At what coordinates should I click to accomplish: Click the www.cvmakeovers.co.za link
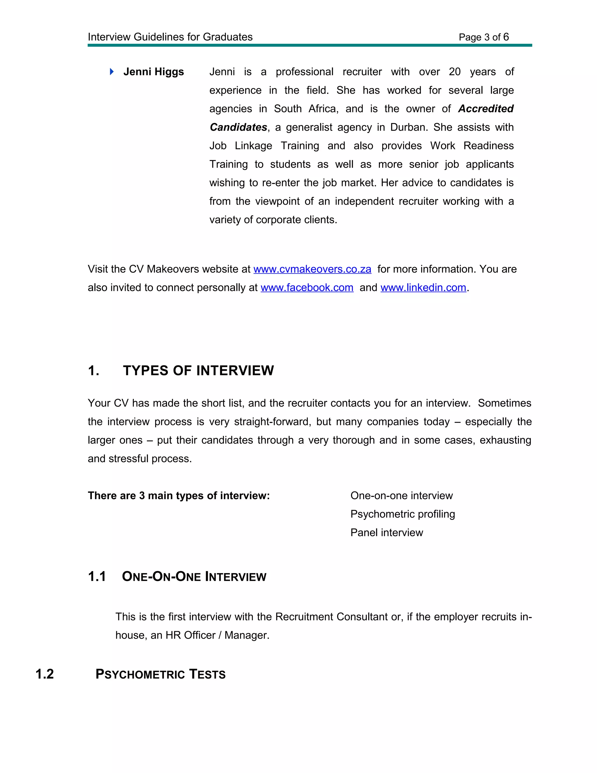pyautogui.click(x=312, y=269)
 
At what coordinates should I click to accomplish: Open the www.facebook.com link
pyautogui.click(x=307, y=288)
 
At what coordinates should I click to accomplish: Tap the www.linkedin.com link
pyautogui.click(x=423, y=288)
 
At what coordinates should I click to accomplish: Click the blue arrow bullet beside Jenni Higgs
pyautogui.click(x=112, y=72)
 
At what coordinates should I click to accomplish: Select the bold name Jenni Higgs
pyautogui.click(x=154, y=72)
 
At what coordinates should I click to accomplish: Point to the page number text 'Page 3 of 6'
pyautogui.click(x=484, y=37)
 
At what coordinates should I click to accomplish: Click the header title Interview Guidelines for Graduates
pyautogui.click(x=170, y=37)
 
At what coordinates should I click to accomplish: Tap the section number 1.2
pyautogui.click(x=45, y=674)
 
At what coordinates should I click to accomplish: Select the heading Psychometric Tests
pyautogui.click(x=161, y=674)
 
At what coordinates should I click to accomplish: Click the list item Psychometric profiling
pyautogui.click(x=403, y=514)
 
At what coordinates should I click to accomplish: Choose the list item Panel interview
pyautogui.click(x=387, y=532)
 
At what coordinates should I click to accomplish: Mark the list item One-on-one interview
pyautogui.click(x=401, y=496)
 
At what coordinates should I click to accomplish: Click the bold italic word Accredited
pyautogui.click(x=486, y=109)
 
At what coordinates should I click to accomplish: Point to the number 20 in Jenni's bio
pyautogui.click(x=454, y=72)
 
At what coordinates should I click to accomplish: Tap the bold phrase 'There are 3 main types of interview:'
pyautogui.click(x=179, y=496)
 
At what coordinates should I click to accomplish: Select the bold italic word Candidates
pyautogui.click(x=238, y=127)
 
